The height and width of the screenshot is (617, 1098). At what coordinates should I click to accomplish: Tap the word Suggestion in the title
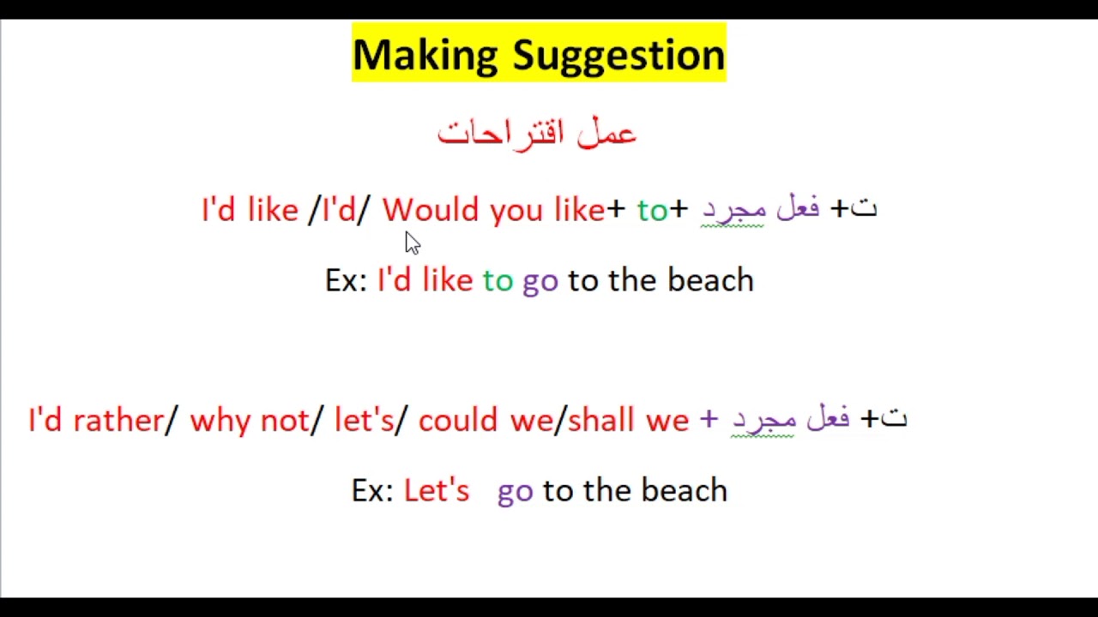pos(618,55)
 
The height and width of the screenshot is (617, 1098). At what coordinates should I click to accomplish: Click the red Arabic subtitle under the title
pos(537,133)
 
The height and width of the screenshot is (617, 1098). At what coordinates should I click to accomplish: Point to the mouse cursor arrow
pos(412,243)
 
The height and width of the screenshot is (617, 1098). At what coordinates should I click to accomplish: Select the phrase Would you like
pos(493,210)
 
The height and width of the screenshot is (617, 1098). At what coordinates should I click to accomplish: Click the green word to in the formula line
pos(652,210)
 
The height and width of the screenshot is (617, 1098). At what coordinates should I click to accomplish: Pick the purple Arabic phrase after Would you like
pos(760,209)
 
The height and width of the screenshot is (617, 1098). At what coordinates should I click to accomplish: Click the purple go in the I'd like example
pos(540,281)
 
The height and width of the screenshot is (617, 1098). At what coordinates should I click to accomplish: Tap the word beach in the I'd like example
pos(710,280)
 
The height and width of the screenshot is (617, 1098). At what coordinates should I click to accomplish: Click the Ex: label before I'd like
pos(346,280)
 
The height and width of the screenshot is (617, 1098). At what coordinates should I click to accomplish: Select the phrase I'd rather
pos(95,420)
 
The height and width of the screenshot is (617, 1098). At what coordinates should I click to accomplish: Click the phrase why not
pos(249,420)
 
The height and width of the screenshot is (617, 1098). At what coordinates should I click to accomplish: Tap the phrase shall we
pos(628,420)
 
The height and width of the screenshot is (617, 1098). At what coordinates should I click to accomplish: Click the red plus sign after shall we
pos(708,419)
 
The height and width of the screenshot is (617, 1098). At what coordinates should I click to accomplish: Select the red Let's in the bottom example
pos(437,490)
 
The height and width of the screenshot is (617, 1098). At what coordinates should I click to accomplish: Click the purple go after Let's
pos(515,491)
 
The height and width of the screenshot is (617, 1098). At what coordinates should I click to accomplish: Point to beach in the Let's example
pos(684,490)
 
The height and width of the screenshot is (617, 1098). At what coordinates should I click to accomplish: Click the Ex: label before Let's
pos(372,490)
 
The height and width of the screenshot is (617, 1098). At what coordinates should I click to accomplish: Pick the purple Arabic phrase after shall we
pos(790,419)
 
